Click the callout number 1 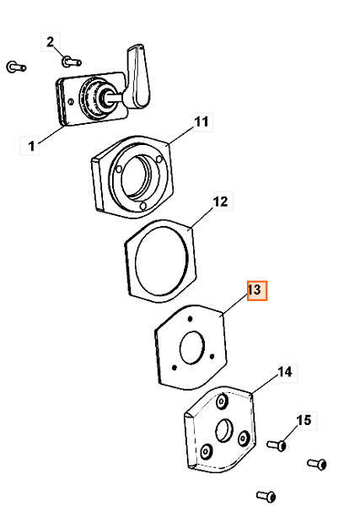(31, 146)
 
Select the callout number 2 (50, 42)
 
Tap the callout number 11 (201, 121)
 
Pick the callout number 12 (221, 202)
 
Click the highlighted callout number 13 (255, 290)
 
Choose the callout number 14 (286, 372)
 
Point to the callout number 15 (304, 420)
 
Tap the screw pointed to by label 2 (72, 62)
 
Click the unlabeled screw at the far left (16, 67)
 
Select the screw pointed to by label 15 (277, 445)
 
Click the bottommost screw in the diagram (266, 496)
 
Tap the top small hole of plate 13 (190, 319)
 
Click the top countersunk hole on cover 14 (222, 401)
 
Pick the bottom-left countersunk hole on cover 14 (206, 451)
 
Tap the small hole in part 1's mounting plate (71, 102)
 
